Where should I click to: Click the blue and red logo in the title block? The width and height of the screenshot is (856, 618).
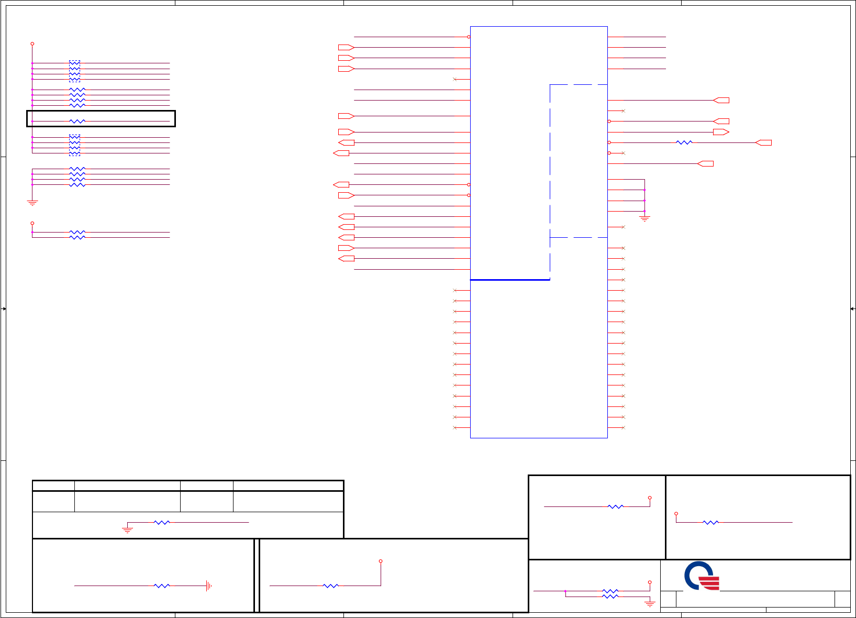tap(702, 576)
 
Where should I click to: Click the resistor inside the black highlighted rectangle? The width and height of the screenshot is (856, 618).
tap(77, 122)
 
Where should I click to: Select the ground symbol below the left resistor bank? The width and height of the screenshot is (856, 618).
tap(32, 202)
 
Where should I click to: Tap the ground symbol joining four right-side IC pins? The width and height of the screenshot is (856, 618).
tap(644, 218)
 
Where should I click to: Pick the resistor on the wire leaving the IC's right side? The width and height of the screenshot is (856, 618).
tap(684, 142)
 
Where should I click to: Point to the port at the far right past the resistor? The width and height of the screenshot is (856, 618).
tap(764, 142)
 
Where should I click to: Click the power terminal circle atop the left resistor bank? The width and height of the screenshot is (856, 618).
tap(32, 44)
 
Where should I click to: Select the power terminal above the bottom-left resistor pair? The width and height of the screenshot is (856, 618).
tap(32, 223)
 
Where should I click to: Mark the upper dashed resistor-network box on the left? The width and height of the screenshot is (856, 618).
tap(75, 71)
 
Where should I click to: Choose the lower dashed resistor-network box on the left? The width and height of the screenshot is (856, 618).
tap(75, 145)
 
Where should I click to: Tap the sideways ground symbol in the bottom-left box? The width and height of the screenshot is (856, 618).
tap(208, 586)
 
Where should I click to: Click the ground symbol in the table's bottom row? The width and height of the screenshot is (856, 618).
tap(127, 530)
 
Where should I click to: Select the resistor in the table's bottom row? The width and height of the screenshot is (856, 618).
tap(162, 523)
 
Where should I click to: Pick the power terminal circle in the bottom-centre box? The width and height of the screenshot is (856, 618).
tap(381, 561)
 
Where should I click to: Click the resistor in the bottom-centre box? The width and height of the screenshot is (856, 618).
tap(330, 586)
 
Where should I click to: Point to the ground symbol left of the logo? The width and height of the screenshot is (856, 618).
tap(650, 604)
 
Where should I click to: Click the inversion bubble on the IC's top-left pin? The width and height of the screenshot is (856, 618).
tap(469, 37)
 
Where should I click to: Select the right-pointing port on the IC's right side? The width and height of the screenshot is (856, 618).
tap(721, 132)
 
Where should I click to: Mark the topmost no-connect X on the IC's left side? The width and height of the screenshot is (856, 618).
tap(455, 79)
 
